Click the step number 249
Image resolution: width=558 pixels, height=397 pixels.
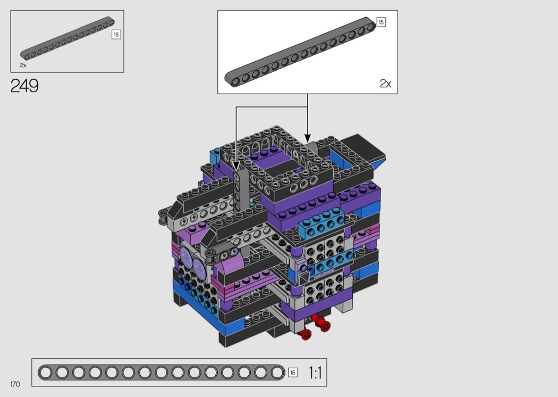click(x=24, y=86)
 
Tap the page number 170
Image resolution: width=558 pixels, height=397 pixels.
click(x=15, y=384)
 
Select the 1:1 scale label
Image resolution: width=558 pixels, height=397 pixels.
click(x=315, y=373)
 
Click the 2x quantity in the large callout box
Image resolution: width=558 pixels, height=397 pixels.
click(x=385, y=84)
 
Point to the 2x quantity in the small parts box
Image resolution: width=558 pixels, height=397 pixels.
click(x=23, y=65)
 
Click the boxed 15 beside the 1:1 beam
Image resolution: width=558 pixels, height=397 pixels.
click(x=292, y=373)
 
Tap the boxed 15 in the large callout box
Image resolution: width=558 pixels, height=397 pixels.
click(x=381, y=22)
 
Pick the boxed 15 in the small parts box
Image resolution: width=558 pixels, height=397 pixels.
click(x=116, y=35)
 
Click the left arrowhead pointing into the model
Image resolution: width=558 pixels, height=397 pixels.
click(x=236, y=166)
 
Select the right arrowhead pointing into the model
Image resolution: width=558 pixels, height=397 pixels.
click(x=308, y=138)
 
